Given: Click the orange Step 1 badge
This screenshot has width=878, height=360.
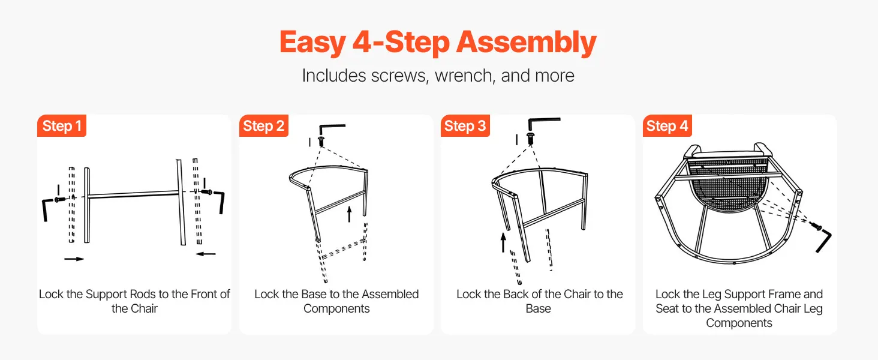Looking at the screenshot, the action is click(62, 125).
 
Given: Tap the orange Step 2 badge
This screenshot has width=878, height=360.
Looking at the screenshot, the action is click(263, 125).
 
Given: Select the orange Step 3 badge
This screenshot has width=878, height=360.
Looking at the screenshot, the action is click(465, 125).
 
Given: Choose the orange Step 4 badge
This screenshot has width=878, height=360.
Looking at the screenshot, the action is click(667, 125).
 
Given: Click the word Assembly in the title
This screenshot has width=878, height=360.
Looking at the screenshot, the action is click(526, 43).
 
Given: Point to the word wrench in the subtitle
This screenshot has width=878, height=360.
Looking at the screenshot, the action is click(464, 76).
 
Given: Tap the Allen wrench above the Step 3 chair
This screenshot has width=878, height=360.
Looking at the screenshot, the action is click(543, 123).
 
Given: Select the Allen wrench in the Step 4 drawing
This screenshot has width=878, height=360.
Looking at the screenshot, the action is click(825, 241).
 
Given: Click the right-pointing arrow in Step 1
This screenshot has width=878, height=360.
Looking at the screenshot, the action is click(74, 259).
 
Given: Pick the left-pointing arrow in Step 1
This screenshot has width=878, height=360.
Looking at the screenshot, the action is click(206, 254).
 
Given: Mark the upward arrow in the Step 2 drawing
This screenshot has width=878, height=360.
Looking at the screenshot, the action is click(349, 215).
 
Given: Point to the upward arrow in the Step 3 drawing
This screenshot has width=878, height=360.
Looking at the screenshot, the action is click(503, 242).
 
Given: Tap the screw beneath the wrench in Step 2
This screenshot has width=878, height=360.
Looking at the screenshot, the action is click(321, 142).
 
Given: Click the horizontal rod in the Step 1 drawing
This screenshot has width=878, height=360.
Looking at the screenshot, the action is click(133, 194).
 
